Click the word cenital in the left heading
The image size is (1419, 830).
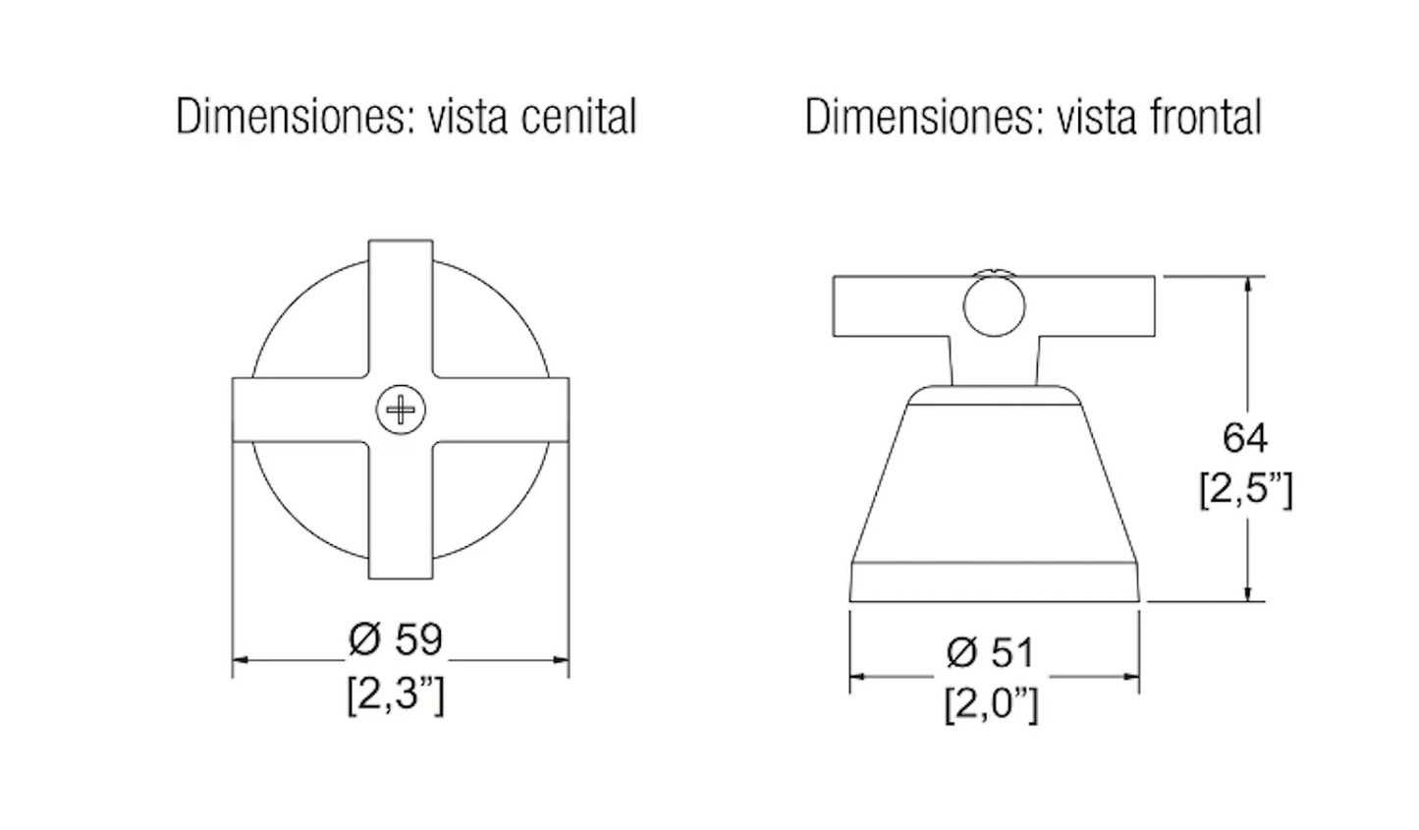pos(578,117)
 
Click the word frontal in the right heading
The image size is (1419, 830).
pos(1206,117)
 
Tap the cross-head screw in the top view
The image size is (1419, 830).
pos(401,410)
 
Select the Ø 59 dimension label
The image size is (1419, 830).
pos(396,639)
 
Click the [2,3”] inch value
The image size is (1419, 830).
pos(396,695)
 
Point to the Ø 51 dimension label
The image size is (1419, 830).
pos(991,652)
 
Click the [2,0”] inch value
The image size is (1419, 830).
pos(992,703)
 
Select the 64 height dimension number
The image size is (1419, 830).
pos(1245,437)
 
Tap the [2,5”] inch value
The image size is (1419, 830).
pos(1246,489)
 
